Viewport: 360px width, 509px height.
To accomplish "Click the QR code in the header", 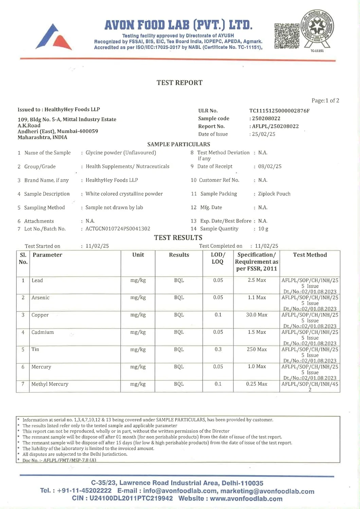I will (x=287, y=36).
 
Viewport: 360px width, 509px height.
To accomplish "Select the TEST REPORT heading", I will (x=179, y=83).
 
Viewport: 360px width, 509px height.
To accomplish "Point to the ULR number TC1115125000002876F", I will (x=279, y=111).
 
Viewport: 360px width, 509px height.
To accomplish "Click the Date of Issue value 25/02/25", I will (x=263, y=134).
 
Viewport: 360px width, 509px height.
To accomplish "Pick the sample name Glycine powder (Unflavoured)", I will (x=121, y=153).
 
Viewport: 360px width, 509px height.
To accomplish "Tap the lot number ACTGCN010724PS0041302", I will (x=118, y=229).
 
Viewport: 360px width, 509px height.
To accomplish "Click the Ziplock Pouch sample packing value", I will (x=274, y=194).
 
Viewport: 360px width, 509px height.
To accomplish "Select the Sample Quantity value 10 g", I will (x=263, y=229).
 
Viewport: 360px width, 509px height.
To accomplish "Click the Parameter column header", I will (x=47, y=255).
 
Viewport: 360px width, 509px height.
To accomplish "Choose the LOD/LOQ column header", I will (x=218, y=258).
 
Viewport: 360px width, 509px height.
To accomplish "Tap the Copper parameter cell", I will (x=40, y=315).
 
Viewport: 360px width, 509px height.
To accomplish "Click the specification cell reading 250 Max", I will (x=257, y=349).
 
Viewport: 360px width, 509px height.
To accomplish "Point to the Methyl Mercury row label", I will (x=50, y=384).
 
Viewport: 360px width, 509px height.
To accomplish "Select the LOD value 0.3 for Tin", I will (x=218, y=349).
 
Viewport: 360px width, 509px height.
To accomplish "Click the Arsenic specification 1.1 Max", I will (x=257, y=298).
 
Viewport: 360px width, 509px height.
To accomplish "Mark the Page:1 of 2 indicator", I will (x=325, y=100).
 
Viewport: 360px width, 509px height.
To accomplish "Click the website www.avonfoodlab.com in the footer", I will (x=246, y=498).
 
